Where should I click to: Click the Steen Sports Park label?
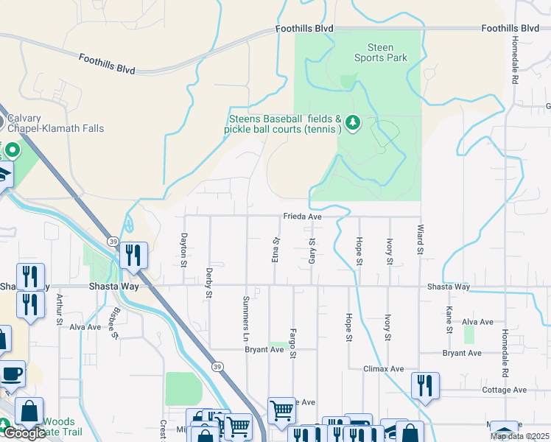point(380,52)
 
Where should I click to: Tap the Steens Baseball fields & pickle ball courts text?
point(284,124)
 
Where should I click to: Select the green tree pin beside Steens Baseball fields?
point(353,122)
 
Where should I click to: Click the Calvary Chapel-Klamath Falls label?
point(52,123)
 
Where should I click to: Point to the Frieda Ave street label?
point(303,217)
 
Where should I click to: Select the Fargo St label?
point(292,343)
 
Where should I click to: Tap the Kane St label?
point(449,320)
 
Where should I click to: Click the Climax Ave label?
point(384,368)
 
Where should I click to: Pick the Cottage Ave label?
point(504,390)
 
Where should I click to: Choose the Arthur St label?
point(59,309)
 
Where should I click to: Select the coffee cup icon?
point(12,373)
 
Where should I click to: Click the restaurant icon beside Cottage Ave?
point(426,386)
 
